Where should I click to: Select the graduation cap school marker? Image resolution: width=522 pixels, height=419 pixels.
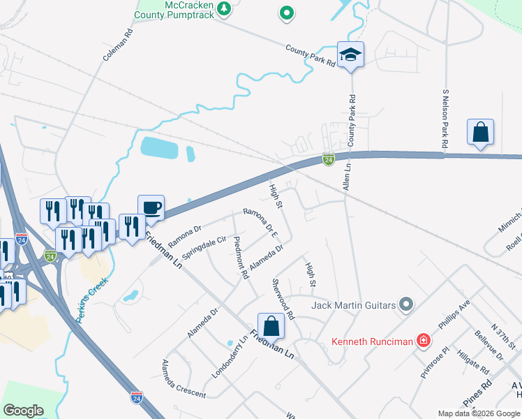(x=350, y=54)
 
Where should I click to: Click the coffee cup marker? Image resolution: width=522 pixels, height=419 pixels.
(x=151, y=207)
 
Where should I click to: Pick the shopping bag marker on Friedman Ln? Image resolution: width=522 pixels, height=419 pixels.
(x=271, y=325)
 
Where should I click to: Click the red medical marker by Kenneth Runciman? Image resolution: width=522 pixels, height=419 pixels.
(x=423, y=341)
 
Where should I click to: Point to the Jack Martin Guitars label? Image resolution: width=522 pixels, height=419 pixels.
(x=354, y=305)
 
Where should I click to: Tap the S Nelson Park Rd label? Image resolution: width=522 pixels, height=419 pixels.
(x=445, y=119)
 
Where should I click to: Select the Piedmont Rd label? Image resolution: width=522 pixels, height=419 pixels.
(x=241, y=258)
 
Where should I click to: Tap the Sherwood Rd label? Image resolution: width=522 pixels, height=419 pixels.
(x=283, y=299)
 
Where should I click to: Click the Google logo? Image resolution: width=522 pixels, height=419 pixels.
(x=23, y=411)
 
